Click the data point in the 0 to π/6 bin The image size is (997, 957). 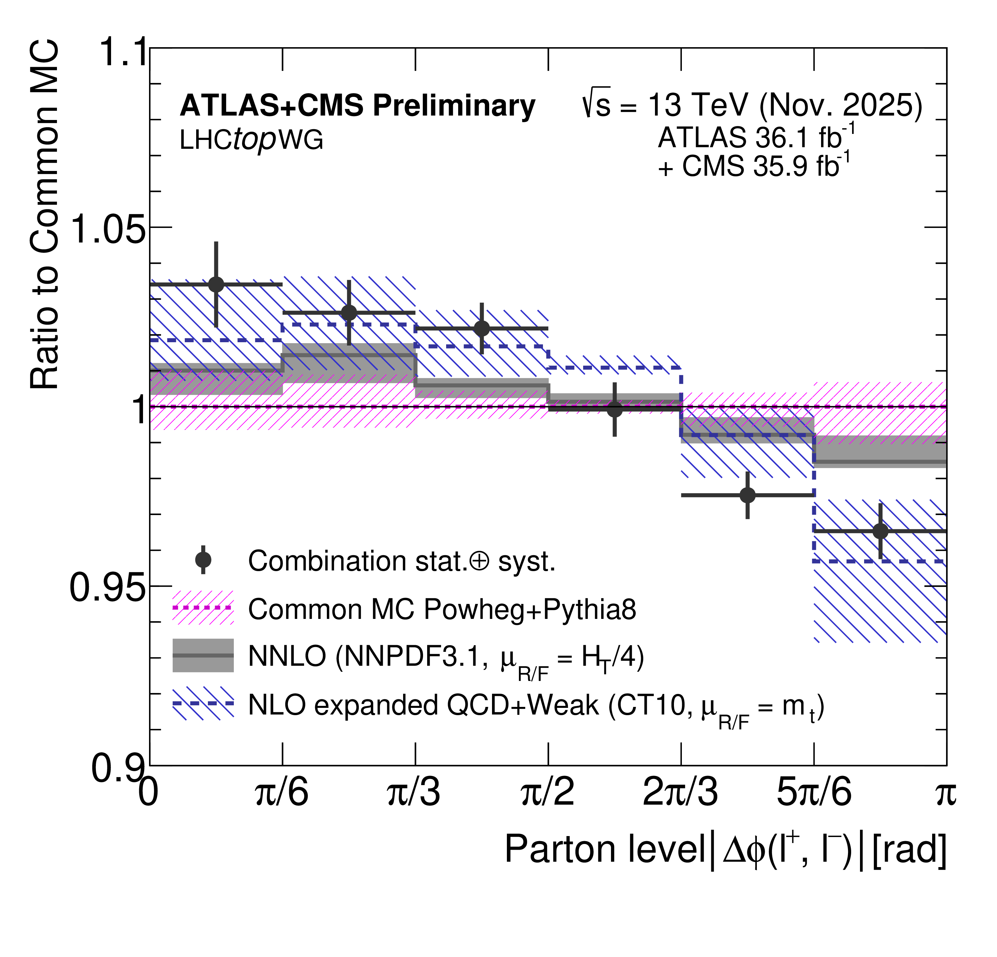tap(216, 285)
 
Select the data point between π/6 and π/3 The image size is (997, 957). tap(349, 312)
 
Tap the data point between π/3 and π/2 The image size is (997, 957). tap(482, 328)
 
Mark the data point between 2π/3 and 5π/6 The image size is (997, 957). tap(748, 495)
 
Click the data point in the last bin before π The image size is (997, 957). tap(881, 531)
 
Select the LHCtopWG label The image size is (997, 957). tap(251, 140)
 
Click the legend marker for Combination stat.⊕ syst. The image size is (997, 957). tap(203, 560)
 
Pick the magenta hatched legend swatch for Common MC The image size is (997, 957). tap(203, 608)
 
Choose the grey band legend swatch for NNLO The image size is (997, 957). tap(203, 656)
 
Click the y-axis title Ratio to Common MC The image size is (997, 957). tap(45, 216)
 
